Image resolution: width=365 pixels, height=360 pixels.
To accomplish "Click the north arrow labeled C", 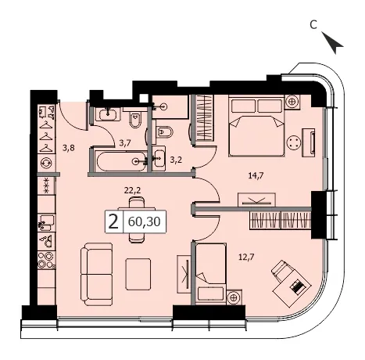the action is [332, 42].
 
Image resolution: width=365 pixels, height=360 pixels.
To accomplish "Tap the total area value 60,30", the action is [145, 221].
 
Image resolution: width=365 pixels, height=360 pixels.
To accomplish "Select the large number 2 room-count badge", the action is [113, 221].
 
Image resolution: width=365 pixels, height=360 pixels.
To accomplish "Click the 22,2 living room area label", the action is [132, 190].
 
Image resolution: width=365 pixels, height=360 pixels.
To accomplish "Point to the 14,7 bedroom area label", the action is [256, 175].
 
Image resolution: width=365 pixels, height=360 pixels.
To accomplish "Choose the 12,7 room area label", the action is [246, 257].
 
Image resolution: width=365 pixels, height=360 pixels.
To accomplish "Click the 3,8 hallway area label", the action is [69, 148].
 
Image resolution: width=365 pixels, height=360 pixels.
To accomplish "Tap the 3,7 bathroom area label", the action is [125, 143].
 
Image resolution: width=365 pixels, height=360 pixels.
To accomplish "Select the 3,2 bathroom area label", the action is [176, 160].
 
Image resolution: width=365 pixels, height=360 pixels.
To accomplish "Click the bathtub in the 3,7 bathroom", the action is [121, 161].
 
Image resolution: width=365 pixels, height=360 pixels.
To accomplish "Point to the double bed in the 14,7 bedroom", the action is [256, 126].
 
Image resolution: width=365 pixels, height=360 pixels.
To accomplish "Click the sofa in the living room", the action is [96, 274].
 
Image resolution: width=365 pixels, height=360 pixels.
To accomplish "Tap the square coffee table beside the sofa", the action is [138, 274].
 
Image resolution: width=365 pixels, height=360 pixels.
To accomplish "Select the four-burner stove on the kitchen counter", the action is [47, 260].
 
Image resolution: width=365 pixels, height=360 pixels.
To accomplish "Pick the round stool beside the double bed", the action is [294, 142].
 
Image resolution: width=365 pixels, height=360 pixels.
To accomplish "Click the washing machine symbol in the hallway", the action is [47, 163].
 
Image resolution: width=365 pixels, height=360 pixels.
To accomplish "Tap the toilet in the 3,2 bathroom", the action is [165, 131].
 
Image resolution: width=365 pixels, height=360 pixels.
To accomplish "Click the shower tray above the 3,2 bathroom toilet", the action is [170, 106].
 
